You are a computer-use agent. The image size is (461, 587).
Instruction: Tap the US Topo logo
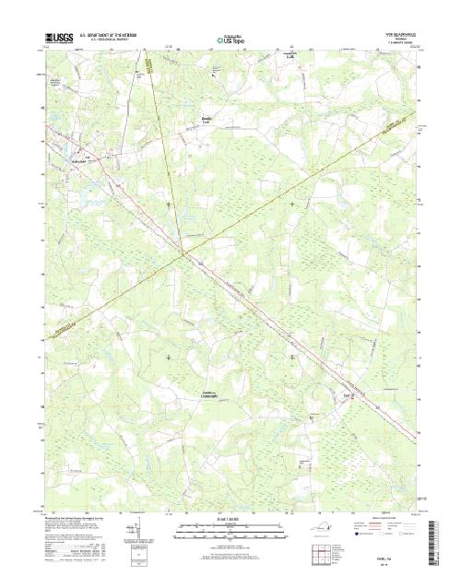230,41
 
